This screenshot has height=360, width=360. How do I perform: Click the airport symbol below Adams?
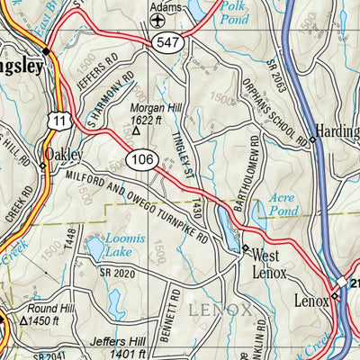pos(159,20)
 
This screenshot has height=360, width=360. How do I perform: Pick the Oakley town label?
pos(70,152)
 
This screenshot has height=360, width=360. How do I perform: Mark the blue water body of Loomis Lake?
pos(95,246)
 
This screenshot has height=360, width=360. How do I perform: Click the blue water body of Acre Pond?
pos(259,212)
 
